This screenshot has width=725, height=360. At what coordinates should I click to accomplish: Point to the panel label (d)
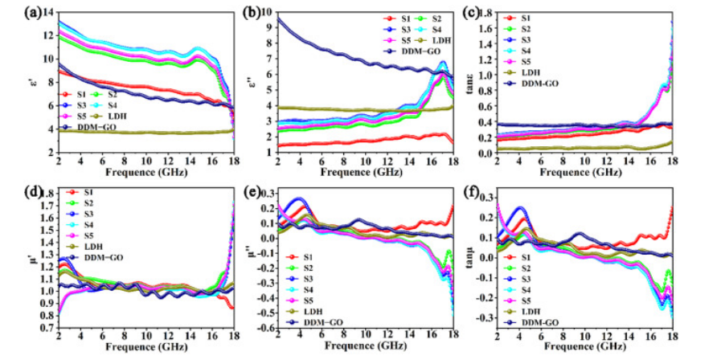[x=13, y=193]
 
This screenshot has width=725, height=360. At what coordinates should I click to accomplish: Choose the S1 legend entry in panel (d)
[x=88, y=192]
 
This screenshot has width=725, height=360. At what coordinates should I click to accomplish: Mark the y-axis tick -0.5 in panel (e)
[x=263, y=329]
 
